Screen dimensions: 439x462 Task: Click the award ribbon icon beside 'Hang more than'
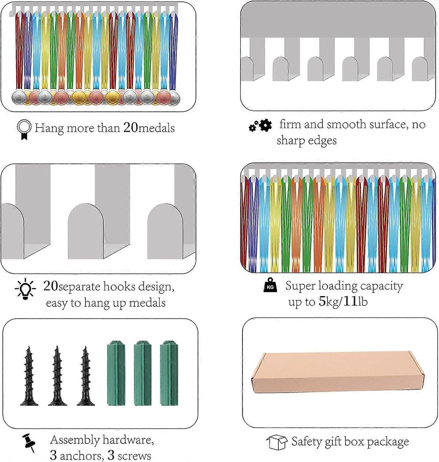(x=24, y=129)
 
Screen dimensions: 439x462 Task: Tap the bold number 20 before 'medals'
(x=130, y=128)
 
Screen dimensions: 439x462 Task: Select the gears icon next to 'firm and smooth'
(x=260, y=125)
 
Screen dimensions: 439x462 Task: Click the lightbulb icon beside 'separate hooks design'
(x=25, y=289)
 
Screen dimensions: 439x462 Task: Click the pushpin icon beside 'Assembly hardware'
(x=29, y=443)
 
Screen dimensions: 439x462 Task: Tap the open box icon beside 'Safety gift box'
(x=277, y=442)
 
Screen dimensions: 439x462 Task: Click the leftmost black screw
(x=29, y=376)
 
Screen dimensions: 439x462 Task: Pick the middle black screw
(x=57, y=376)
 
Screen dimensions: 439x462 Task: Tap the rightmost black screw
(x=86, y=376)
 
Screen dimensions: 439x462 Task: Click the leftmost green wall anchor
(x=116, y=373)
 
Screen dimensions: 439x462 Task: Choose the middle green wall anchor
(x=142, y=373)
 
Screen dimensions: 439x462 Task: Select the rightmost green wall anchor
(x=169, y=373)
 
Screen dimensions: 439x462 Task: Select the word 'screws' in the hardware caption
(x=134, y=456)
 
